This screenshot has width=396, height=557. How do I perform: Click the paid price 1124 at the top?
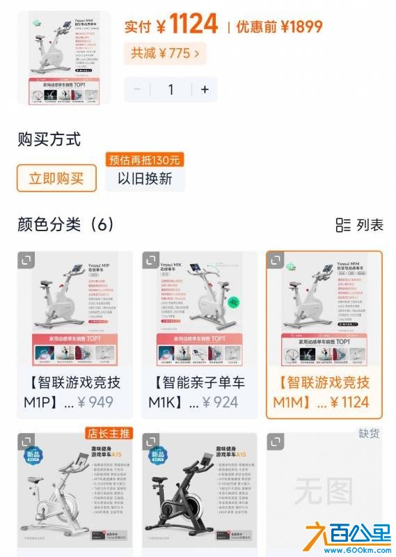(193, 26)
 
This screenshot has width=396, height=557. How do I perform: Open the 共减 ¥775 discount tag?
(165, 53)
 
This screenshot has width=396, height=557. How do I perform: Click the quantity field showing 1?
(170, 89)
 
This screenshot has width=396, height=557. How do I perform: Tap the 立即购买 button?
(56, 178)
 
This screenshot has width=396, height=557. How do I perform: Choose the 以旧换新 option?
(145, 178)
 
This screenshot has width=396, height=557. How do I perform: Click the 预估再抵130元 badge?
(145, 159)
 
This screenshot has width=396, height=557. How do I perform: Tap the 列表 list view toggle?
(360, 225)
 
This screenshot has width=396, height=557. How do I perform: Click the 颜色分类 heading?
(65, 224)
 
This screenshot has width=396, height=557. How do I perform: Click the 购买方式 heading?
(49, 139)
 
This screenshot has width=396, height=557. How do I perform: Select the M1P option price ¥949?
(96, 402)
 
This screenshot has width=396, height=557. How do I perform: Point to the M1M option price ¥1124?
(350, 402)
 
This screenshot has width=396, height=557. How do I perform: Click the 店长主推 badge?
(109, 433)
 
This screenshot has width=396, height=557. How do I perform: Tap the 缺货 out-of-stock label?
(369, 433)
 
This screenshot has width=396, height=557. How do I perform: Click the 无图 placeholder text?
(324, 493)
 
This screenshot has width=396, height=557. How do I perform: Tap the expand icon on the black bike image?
(151, 442)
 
